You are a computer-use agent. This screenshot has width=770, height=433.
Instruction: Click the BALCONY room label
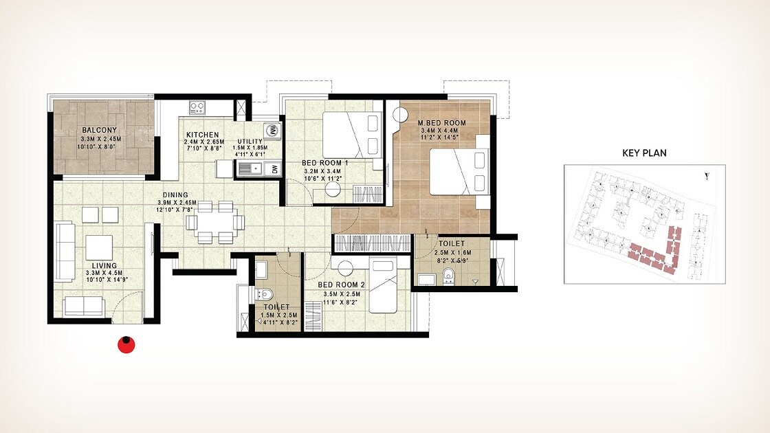[99, 130]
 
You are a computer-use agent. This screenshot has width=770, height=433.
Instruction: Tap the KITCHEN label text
[201, 135]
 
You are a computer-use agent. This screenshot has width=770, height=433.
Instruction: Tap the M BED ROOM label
[442, 123]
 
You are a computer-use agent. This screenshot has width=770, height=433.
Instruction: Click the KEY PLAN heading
[643, 153]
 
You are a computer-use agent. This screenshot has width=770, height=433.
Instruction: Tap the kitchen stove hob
[198, 107]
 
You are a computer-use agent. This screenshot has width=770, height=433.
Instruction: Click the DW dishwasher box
[273, 168]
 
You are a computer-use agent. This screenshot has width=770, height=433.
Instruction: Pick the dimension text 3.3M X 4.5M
[100, 273]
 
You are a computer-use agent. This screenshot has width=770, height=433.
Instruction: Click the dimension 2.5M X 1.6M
[452, 253]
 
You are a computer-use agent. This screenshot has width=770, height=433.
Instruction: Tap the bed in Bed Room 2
[388, 285]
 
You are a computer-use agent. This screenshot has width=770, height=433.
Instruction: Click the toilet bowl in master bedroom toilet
[449, 278]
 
